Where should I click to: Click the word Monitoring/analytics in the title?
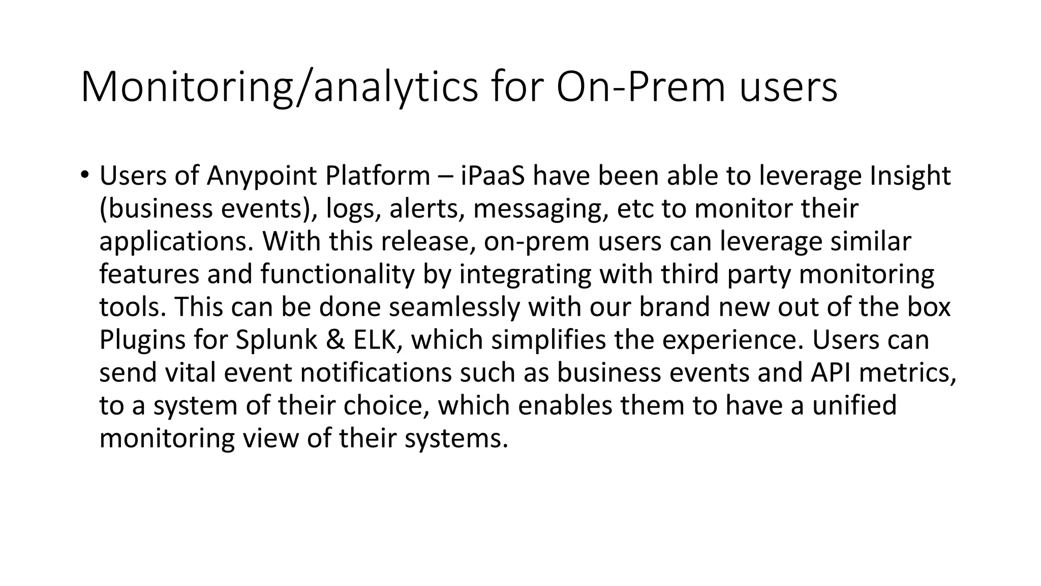[x=279, y=87]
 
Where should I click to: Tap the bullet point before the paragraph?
[x=84, y=174]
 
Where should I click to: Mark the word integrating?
[x=526, y=275]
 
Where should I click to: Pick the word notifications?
[x=376, y=372]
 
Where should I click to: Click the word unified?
[x=854, y=405]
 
